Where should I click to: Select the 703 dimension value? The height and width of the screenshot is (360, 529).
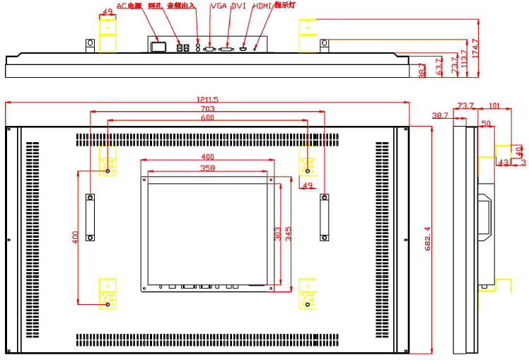(207, 109)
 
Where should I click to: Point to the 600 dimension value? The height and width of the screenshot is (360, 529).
(207, 118)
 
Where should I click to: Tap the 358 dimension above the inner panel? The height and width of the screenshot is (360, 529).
(207, 168)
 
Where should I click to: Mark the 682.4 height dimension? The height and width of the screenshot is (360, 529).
(426, 239)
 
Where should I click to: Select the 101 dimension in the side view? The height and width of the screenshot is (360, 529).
(494, 106)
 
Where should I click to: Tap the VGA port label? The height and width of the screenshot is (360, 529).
(219, 6)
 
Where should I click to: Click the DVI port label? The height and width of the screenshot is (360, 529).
(238, 6)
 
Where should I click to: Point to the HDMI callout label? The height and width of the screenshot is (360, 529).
(262, 6)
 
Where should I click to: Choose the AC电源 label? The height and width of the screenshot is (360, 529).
(129, 6)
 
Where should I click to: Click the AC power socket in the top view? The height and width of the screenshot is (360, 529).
(158, 47)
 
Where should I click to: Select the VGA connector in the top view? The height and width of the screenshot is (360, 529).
(210, 49)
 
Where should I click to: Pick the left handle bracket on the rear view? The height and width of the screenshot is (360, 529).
(91, 217)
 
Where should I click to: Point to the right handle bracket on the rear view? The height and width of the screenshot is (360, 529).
(325, 217)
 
